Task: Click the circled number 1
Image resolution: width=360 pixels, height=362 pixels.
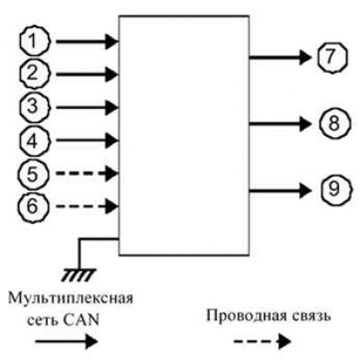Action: click(x=34, y=41)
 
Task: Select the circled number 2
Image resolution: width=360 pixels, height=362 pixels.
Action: click(x=34, y=74)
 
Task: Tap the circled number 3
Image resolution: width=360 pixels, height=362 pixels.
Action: click(x=34, y=107)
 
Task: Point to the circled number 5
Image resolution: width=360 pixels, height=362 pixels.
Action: click(x=32, y=174)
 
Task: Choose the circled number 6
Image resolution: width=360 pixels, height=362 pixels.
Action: click(x=32, y=206)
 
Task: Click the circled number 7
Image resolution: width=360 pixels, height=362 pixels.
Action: click(x=331, y=57)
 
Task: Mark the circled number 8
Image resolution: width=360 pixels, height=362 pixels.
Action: click(x=333, y=123)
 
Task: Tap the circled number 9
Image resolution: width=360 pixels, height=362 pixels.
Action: click(x=335, y=190)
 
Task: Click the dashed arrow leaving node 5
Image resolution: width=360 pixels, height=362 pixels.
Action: click(x=87, y=173)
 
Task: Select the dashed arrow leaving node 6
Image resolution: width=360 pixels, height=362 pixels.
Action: click(x=87, y=206)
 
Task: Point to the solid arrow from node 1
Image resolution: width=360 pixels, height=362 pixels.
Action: click(x=87, y=41)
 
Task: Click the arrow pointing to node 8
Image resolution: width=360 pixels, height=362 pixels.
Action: click(x=280, y=123)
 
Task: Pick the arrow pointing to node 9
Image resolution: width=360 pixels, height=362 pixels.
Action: click(x=280, y=191)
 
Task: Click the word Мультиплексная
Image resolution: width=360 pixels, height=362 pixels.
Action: click(x=71, y=300)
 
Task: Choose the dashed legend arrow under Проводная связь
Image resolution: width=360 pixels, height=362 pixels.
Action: click(x=263, y=341)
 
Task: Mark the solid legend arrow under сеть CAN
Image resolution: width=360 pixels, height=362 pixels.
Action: click(x=67, y=341)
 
